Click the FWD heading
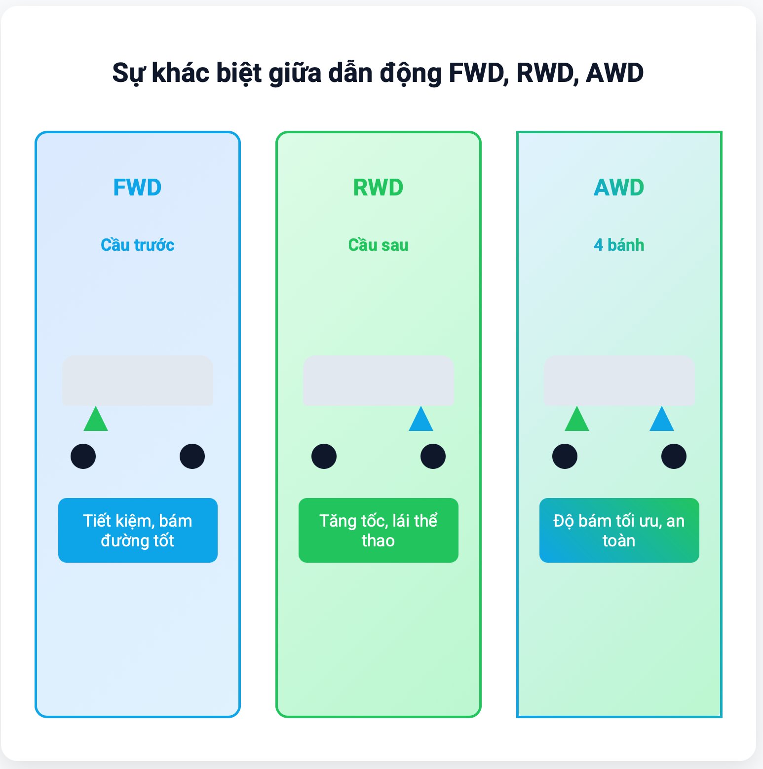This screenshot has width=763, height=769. point(137,188)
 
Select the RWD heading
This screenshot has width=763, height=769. point(378,188)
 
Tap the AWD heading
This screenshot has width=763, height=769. point(619,188)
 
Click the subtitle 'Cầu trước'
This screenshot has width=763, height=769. point(137,245)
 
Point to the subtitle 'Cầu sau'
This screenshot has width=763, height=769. point(378,245)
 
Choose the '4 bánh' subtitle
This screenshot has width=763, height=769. point(619,245)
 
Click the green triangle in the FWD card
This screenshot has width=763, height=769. point(96,421)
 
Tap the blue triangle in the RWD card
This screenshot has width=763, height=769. point(421,421)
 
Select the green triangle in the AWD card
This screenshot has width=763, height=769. point(577,421)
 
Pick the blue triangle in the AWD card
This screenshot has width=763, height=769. point(662,421)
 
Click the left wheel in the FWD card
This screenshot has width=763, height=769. point(83,456)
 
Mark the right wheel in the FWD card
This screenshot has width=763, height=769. point(192,456)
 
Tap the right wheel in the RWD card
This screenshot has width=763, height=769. point(433,456)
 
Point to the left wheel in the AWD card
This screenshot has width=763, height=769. point(565,456)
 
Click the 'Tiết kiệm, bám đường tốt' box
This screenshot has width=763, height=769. point(138,530)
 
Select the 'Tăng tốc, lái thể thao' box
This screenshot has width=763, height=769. point(379,530)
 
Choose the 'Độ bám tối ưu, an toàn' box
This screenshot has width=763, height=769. point(619,530)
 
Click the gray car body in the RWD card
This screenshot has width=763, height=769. point(379,381)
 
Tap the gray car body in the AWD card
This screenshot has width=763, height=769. point(619,381)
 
